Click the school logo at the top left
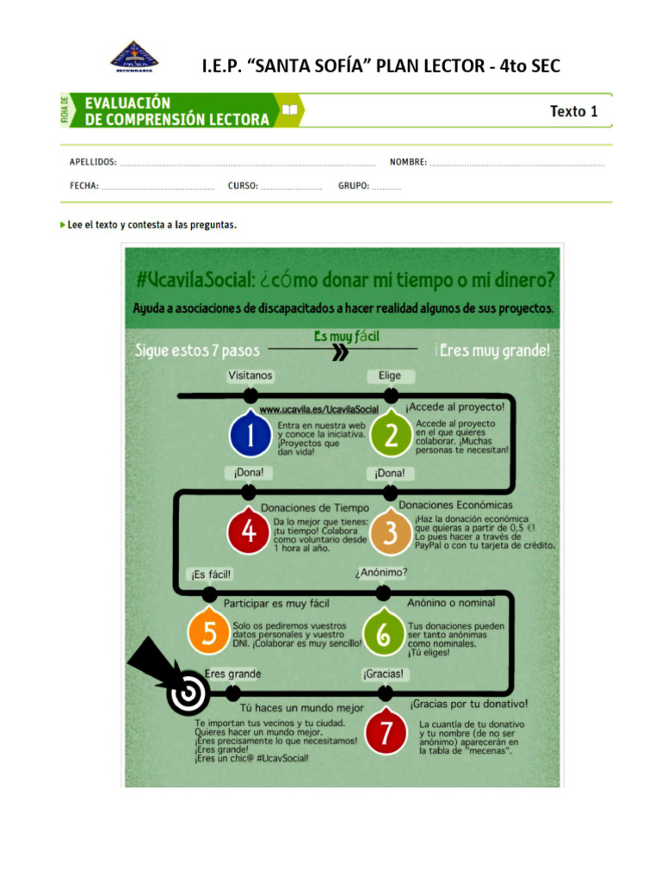click(x=134, y=57)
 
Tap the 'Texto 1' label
click(x=573, y=111)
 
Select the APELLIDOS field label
click(x=93, y=162)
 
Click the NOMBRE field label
click(x=408, y=162)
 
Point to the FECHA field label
click(x=84, y=185)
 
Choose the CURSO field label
click(x=242, y=185)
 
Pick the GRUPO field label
click(x=354, y=185)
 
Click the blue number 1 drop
click(x=250, y=436)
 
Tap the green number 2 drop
click(x=392, y=436)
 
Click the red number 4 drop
click(x=249, y=532)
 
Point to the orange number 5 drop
click(x=209, y=633)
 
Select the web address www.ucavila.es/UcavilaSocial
click(x=319, y=410)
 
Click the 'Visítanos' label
click(x=250, y=376)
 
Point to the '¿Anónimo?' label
click(x=381, y=572)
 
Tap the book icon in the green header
click(x=289, y=110)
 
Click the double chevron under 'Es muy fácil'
click(x=341, y=351)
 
